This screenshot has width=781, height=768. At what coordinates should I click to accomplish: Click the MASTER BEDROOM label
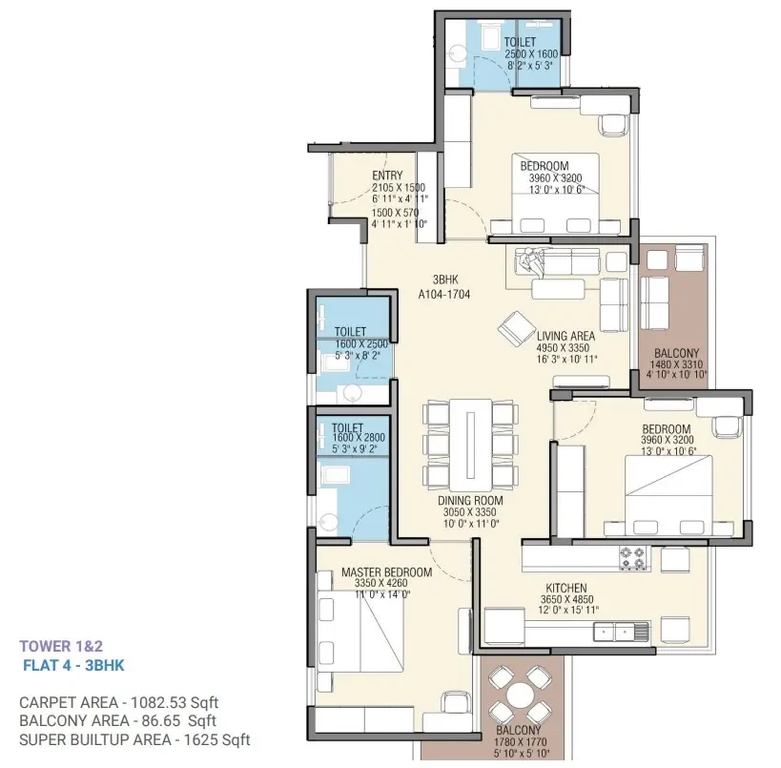pyautogui.click(x=386, y=572)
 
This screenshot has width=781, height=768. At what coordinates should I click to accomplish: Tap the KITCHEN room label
pyautogui.click(x=566, y=588)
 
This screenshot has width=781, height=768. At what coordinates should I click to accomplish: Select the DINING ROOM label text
pyautogui.click(x=470, y=500)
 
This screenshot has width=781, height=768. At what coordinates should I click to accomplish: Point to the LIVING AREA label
pyautogui.click(x=565, y=336)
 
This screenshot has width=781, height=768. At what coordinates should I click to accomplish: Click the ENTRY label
pyautogui.click(x=387, y=176)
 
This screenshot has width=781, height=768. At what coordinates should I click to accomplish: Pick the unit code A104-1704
pyautogui.click(x=444, y=294)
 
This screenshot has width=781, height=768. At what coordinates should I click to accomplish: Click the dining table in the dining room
pyautogui.click(x=471, y=445)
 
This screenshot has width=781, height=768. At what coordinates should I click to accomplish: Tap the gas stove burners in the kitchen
pyautogui.click(x=632, y=558)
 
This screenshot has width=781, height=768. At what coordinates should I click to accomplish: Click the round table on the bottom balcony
pyautogui.click(x=520, y=695)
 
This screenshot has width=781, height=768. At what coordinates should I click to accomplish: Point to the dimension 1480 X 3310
pyautogui.click(x=676, y=364)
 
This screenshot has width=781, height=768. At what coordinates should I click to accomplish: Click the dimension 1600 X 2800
pyautogui.click(x=359, y=438)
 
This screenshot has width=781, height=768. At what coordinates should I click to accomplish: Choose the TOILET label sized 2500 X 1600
pyautogui.click(x=520, y=42)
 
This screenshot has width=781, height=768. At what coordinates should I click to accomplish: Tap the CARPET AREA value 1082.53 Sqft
pyautogui.click(x=175, y=702)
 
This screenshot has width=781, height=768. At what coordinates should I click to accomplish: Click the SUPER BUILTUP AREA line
pyautogui.click(x=134, y=739)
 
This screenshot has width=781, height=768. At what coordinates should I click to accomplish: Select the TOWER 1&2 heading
pyautogui.click(x=61, y=647)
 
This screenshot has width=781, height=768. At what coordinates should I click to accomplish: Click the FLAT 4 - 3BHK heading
pyautogui.click(x=73, y=665)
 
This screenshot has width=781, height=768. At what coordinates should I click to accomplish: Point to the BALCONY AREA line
pyautogui.click(x=117, y=720)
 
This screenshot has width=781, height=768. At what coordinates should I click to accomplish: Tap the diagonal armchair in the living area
pyautogui.click(x=517, y=328)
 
